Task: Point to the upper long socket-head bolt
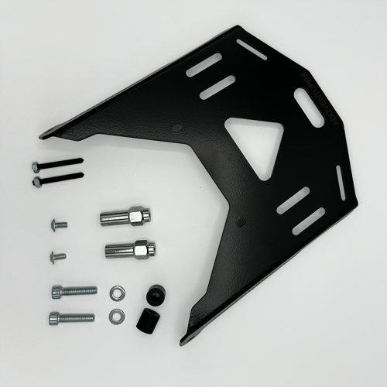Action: pyautogui.click(x=74, y=291)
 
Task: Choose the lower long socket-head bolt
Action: pyautogui.click(x=72, y=317)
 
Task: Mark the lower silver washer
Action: pyautogui.click(x=116, y=314)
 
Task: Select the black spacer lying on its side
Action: pyautogui.click(x=146, y=320)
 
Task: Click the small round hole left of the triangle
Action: pyautogui.click(x=178, y=127)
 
